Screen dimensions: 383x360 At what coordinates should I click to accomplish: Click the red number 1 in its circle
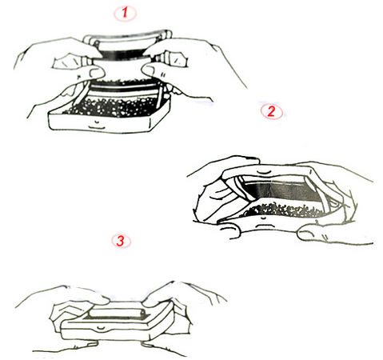tap(125, 13)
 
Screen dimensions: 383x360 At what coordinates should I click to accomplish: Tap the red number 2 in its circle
tap(271, 111)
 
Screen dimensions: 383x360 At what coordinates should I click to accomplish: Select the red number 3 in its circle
tap(121, 241)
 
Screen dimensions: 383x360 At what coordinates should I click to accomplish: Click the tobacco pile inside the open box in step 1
tap(112, 106)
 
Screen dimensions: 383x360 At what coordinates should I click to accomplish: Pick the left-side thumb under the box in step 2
tap(230, 230)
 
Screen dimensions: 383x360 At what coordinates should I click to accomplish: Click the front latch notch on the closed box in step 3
tap(100, 327)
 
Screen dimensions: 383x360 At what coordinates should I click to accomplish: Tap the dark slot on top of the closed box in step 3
tap(114, 318)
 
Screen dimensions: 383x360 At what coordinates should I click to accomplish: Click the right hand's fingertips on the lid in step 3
tap(152, 300)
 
